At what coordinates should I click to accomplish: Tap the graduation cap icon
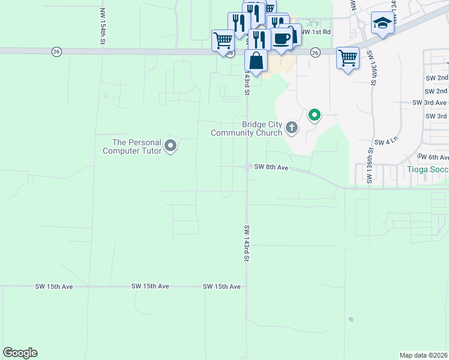(382, 23)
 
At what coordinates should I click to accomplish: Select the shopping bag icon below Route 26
(256, 61)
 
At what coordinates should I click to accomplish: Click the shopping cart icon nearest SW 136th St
(348, 58)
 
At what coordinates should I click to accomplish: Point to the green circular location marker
(314, 114)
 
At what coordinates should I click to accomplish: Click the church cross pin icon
(292, 127)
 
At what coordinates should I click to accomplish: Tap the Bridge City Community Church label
(262, 128)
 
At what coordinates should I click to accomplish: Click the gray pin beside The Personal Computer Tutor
(170, 145)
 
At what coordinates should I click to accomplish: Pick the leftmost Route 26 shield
(56, 52)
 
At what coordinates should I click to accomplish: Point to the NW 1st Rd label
(316, 32)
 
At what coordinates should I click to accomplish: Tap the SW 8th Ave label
(272, 167)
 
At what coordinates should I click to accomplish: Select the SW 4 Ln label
(386, 142)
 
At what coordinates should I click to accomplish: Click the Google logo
(20, 353)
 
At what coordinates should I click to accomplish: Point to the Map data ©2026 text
(424, 355)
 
